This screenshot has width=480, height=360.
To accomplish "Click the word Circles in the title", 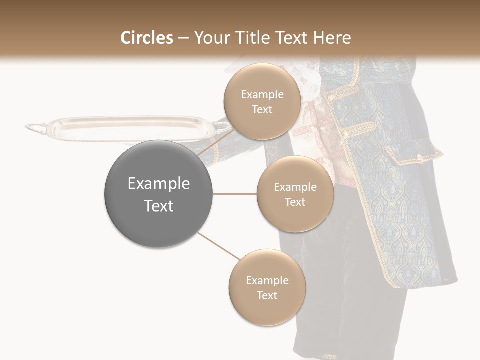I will pyautogui.click(x=146, y=38).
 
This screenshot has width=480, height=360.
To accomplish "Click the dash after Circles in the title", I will pyautogui.click(x=183, y=38).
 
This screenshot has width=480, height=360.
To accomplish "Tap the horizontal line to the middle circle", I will pyautogui.click(x=235, y=194).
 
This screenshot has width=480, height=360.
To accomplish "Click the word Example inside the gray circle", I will pyautogui.click(x=158, y=184).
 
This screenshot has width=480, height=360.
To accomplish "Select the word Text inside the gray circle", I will pyautogui.click(x=158, y=206).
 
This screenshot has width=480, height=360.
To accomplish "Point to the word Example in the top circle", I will pyautogui.click(x=262, y=95).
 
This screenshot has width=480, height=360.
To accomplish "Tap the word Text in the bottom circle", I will pyautogui.click(x=267, y=295).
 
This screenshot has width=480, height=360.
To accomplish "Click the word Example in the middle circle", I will pyautogui.click(x=295, y=187).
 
